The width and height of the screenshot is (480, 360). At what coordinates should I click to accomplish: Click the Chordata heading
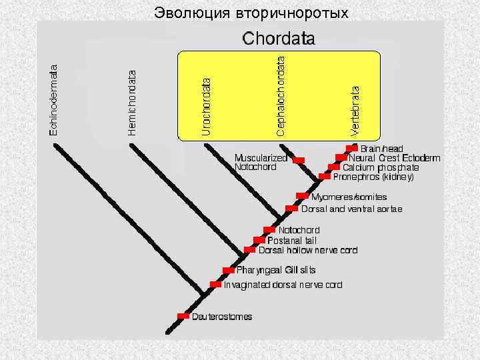coord(279,39)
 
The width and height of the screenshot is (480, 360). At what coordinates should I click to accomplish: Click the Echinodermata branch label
coord(54,99)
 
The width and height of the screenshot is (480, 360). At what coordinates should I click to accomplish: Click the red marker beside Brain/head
coord(352,148)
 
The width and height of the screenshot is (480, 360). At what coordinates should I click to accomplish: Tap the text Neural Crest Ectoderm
coord(395,158)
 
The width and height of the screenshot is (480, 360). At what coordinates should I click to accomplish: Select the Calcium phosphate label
coord(381,167)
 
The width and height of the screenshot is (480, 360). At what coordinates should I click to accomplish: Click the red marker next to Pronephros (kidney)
coord(325,177)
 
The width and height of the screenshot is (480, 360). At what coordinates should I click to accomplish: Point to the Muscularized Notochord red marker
coord(299,160)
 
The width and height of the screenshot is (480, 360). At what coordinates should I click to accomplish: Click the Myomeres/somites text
coord(349,197)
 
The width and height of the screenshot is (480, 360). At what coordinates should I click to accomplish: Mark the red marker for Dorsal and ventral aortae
coord(291,209)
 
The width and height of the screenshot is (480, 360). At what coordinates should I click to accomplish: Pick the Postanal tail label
coord(292,240)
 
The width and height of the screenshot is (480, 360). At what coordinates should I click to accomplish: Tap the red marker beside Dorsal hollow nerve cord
coord(249,250)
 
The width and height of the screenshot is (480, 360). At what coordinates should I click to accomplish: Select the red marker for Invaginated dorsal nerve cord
coord(215,285)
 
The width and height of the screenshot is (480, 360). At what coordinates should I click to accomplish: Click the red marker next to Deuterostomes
coord(183,316)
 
